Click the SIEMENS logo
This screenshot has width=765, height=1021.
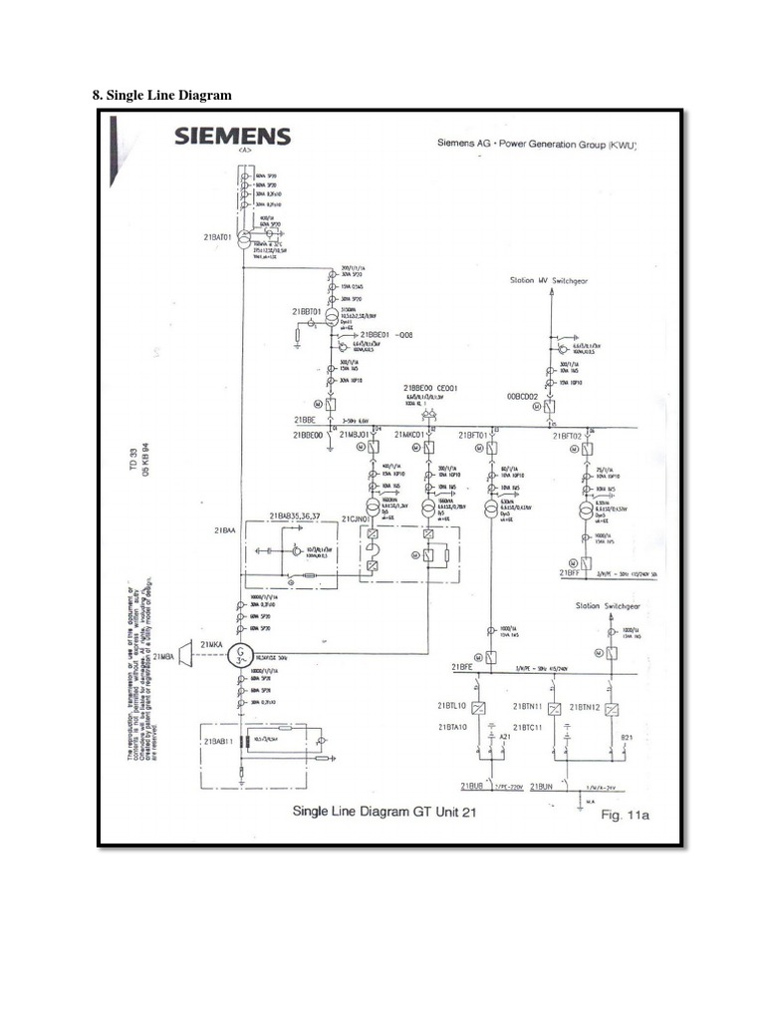click(233, 136)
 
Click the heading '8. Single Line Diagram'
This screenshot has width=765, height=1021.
click(161, 95)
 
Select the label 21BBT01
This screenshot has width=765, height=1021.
click(306, 312)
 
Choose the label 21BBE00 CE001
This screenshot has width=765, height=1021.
click(430, 388)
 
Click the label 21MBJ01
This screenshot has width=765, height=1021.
click(355, 436)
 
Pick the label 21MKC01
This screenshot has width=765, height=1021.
click(410, 436)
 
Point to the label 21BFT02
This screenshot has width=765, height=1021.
click(567, 436)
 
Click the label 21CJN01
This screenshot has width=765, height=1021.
click(356, 519)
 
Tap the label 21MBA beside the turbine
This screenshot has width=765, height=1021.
click(164, 657)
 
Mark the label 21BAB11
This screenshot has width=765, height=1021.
click(218, 742)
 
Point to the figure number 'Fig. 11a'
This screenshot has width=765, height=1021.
click(626, 816)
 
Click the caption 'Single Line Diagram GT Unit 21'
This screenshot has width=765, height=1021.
click(383, 812)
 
